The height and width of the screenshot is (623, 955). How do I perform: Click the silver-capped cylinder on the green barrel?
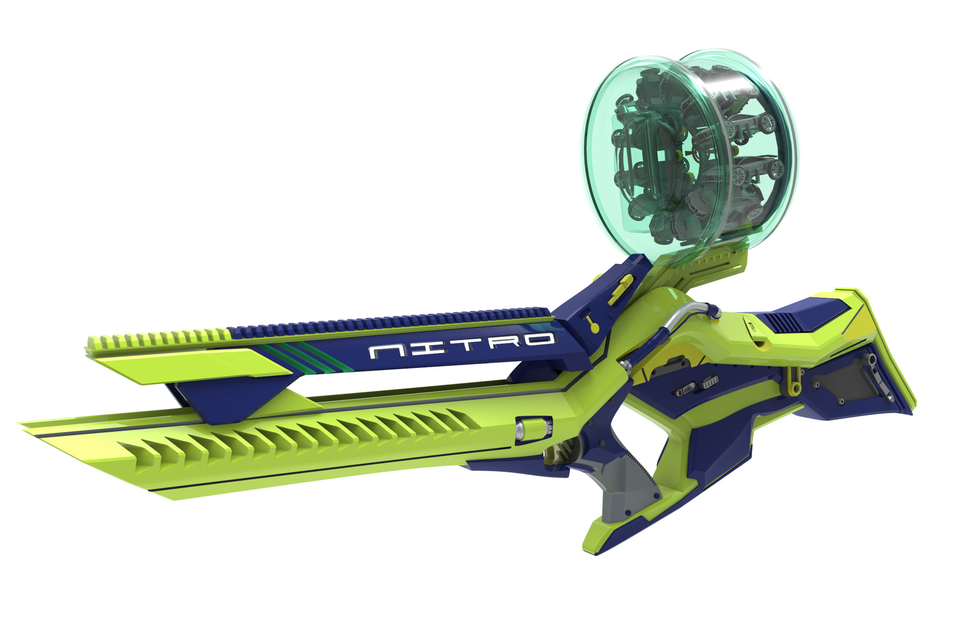click(534, 428)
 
